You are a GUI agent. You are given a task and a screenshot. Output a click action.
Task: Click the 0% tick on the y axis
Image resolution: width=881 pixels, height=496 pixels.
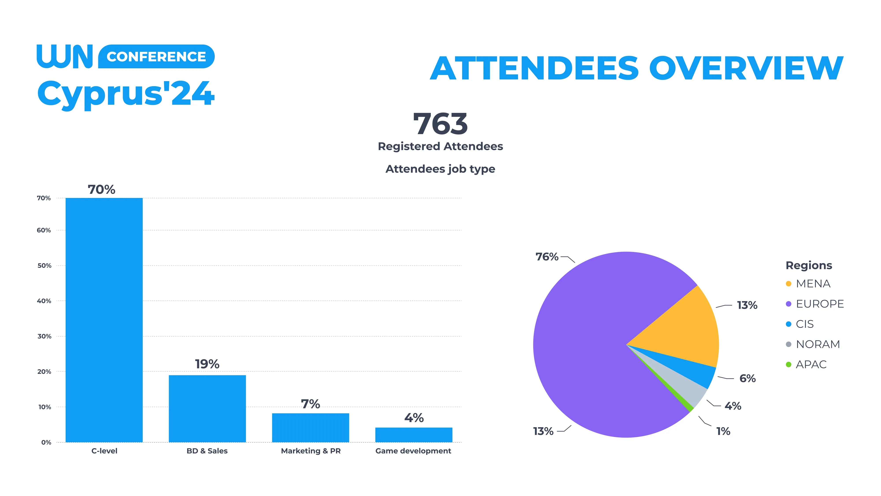tap(46, 442)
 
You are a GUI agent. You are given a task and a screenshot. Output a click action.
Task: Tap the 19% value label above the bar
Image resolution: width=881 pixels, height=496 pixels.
tap(207, 364)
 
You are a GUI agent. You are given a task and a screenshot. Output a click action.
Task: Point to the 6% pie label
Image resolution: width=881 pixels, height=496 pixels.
tap(747, 378)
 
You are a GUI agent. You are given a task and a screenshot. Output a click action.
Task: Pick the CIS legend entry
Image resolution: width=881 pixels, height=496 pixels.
tap(804, 324)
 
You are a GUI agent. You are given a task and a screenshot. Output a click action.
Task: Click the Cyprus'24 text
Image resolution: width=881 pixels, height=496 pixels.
tap(126, 93)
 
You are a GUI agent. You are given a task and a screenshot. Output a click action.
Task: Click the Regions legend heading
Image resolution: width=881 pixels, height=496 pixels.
tap(809, 265)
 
